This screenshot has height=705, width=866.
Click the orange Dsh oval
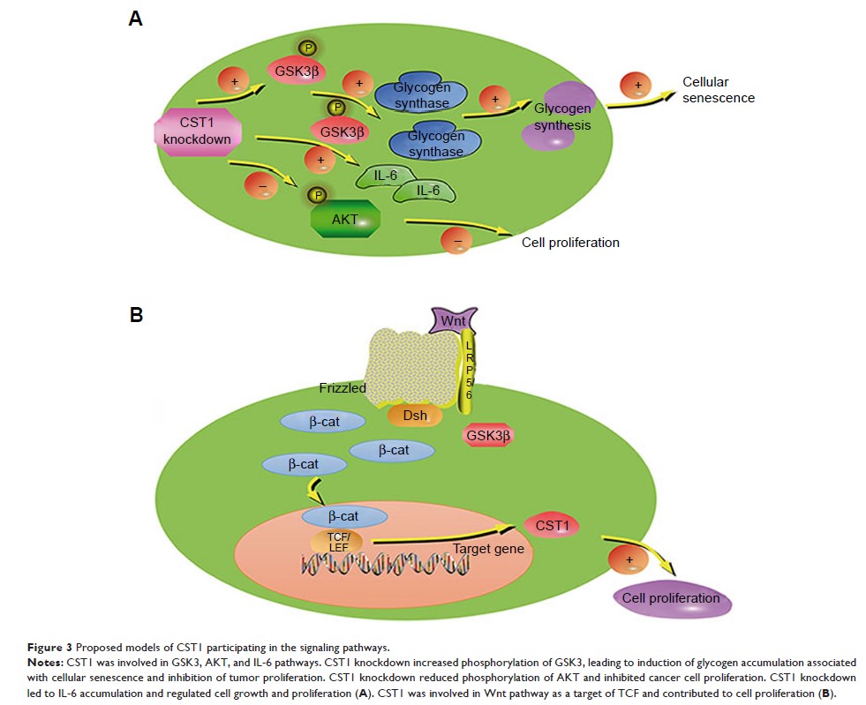[413, 413]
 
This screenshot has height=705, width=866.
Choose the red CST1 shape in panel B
[553, 527]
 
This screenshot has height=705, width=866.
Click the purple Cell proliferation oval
[670, 598]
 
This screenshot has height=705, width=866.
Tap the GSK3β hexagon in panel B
[488, 435]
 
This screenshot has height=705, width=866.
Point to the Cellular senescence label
[718, 90]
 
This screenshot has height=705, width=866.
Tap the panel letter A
[135, 19]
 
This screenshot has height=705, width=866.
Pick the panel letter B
[136, 314]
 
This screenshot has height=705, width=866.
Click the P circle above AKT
[315, 195]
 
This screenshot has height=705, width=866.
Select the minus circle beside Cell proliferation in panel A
[456, 239]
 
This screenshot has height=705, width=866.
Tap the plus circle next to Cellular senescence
[634, 86]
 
